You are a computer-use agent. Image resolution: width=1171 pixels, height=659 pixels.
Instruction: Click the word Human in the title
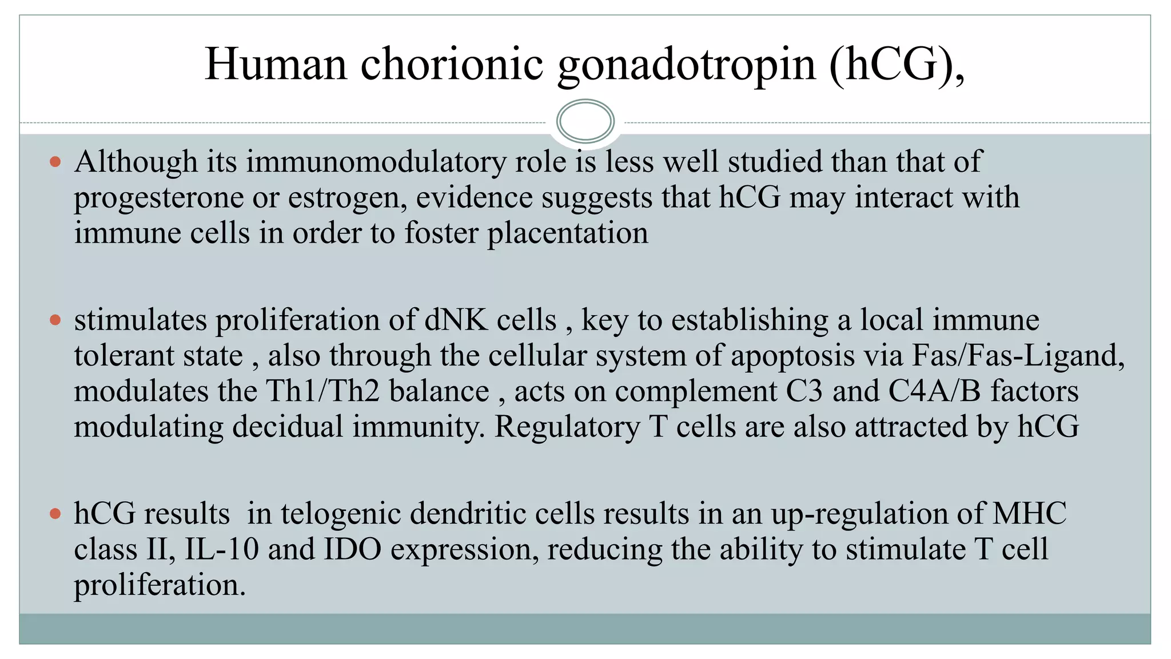tap(276, 64)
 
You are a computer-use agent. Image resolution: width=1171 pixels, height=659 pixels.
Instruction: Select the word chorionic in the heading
tap(452, 64)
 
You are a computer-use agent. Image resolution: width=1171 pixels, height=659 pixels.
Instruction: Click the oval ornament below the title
tap(585, 121)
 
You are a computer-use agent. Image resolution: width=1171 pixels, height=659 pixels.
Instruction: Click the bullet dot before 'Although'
tap(55, 162)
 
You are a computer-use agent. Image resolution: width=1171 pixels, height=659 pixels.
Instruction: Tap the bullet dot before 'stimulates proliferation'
tap(55, 320)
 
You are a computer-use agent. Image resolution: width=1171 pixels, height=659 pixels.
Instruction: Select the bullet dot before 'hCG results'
tap(55, 513)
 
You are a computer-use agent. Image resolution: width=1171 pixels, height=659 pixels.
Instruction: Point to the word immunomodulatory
tap(376, 162)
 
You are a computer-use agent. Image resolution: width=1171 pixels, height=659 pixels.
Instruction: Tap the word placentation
tap(567, 233)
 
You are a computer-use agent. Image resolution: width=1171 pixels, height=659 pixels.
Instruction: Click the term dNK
tap(456, 320)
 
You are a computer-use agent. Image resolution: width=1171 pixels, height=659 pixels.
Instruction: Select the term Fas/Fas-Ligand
tap(1018, 356)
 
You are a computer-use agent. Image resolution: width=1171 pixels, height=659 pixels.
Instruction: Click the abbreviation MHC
tap(1029, 513)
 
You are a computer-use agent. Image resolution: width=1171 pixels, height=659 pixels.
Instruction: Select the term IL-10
tap(222, 549)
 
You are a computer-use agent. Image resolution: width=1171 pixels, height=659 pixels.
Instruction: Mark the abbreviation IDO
tap(353, 549)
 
